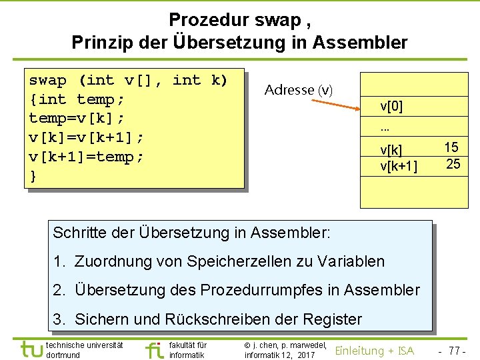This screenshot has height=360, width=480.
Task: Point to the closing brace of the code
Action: coord(33,176)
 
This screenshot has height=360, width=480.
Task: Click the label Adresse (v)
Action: coord(298,89)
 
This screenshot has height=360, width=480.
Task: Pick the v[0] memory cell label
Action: coord(391,106)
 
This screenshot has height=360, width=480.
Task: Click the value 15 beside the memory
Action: coord(452,147)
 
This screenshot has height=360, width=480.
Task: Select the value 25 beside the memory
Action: coord(453,164)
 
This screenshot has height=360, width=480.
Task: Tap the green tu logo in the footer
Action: coord(31,349)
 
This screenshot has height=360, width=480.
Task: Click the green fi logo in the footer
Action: coord(155,349)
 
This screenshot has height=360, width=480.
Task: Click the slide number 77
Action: coord(454,351)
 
